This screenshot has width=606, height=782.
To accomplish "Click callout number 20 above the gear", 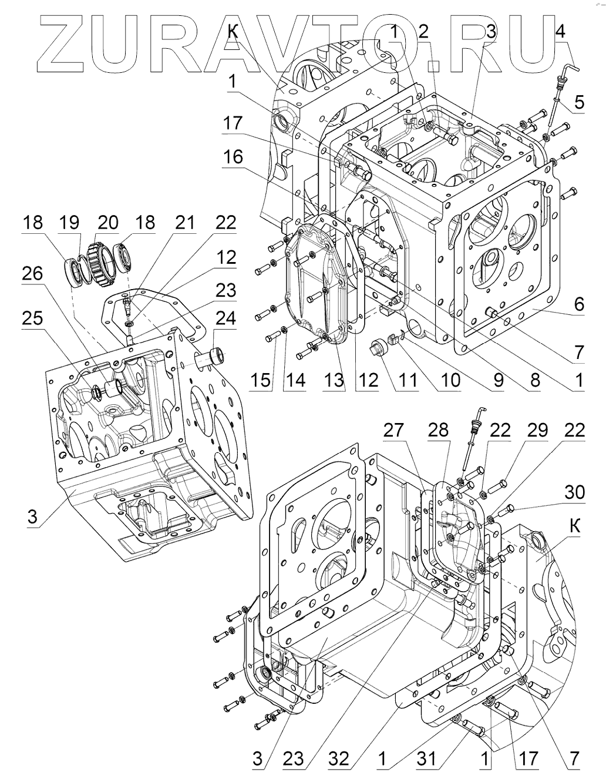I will point(108,223).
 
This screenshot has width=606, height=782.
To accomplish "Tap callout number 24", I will point(225,319).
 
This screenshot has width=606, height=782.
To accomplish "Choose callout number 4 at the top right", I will point(560,31).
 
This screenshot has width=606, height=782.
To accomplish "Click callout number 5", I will point(579,103).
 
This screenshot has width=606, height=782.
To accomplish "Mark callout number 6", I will point(579,304).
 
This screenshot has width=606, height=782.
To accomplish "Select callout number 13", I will point(334,380).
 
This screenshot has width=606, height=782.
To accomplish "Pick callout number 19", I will point(69,223).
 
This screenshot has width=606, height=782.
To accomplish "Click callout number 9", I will point(499,380).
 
